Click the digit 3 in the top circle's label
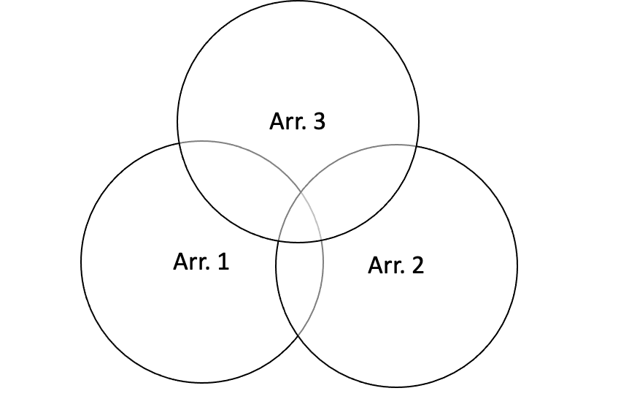point(318,121)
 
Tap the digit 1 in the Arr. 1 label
point(223,262)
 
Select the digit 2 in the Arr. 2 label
point(417,265)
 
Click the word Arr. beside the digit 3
point(287,121)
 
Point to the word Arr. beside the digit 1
point(191,262)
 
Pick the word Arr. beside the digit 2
point(385,265)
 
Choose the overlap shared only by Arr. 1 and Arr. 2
point(299,285)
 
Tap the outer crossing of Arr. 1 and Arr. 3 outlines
point(180,142)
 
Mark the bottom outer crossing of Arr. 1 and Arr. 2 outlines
point(298,336)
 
